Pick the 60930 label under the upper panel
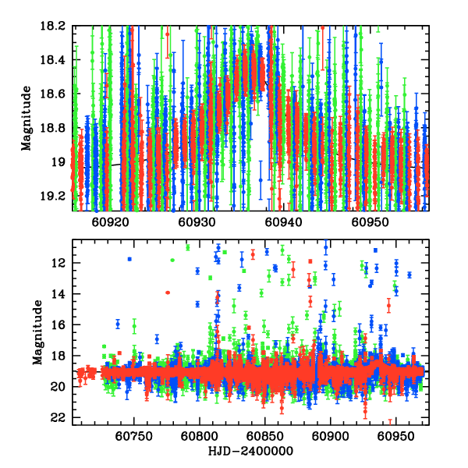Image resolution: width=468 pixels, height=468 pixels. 196,222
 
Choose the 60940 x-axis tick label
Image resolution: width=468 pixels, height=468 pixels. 282,222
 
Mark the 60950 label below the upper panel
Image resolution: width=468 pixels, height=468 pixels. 369,222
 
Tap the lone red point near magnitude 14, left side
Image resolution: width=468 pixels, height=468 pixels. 168,292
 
